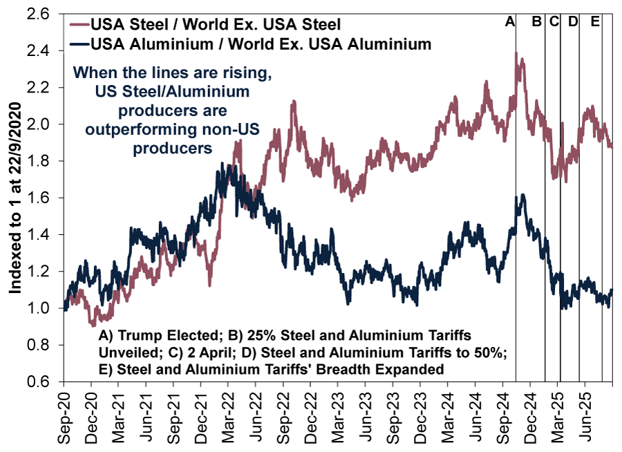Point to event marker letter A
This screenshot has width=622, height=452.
pyautogui.click(x=510, y=22)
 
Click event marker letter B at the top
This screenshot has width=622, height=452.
pyautogui.click(x=537, y=22)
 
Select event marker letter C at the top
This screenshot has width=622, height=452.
pyautogui.click(x=554, y=22)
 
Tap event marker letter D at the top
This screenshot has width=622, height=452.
pyautogui.click(x=572, y=22)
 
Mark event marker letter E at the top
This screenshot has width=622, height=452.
pyautogui.click(x=595, y=22)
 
